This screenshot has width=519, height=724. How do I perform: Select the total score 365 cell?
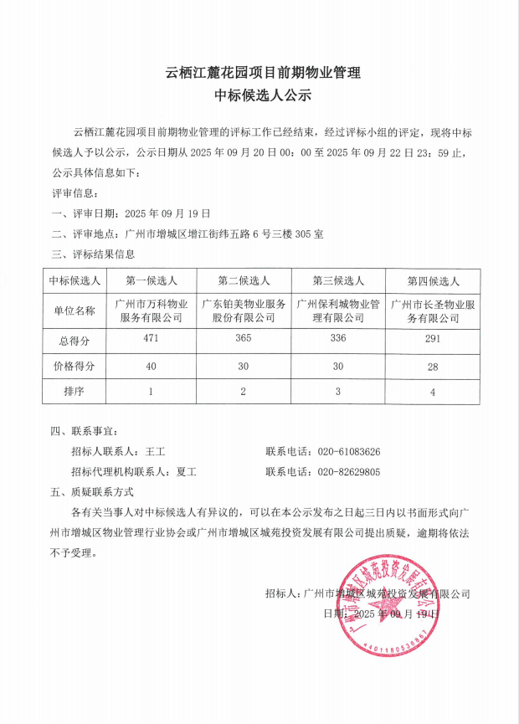pos(243,339)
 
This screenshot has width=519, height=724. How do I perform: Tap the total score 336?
pos(337,339)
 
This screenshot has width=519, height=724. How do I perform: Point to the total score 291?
pos(433,340)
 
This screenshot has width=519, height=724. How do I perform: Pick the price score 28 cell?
pos(433,366)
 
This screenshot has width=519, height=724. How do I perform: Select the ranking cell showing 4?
pos(433,391)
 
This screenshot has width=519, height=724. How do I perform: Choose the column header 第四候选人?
pos(433,280)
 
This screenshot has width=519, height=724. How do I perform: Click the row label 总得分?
pos(75,340)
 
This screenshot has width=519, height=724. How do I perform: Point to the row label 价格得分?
pos(75,366)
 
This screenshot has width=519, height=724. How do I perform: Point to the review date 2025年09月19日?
pos(167,213)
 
